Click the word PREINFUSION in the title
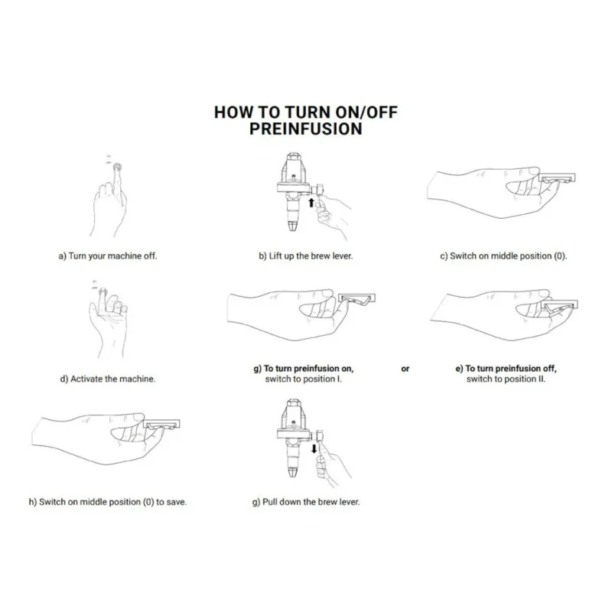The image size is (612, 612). [305, 129]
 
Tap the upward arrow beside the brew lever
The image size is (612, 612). [311, 203]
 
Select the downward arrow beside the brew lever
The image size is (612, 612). [314, 448]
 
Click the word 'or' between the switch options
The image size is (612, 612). [405, 369]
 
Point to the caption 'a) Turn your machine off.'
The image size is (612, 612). [108, 256]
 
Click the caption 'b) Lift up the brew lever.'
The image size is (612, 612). [305, 256]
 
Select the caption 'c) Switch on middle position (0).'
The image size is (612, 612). [503, 256]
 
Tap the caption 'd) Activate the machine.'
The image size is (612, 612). [108, 379]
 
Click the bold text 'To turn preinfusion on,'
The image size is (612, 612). [309, 369]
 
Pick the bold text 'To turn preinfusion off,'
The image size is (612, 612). [511, 369]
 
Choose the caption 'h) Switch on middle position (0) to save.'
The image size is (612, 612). [108, 502]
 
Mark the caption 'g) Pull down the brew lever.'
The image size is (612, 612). [306, 502]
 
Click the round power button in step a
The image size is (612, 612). [117, 168]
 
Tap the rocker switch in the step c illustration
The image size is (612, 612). [557, 178]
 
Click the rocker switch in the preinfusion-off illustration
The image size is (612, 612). [561, 304]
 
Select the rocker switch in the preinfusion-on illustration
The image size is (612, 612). [356, 298]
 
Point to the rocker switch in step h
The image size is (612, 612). [161, 425]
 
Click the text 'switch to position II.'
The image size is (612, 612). [506, 379]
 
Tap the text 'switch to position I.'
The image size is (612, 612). [303, 379]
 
